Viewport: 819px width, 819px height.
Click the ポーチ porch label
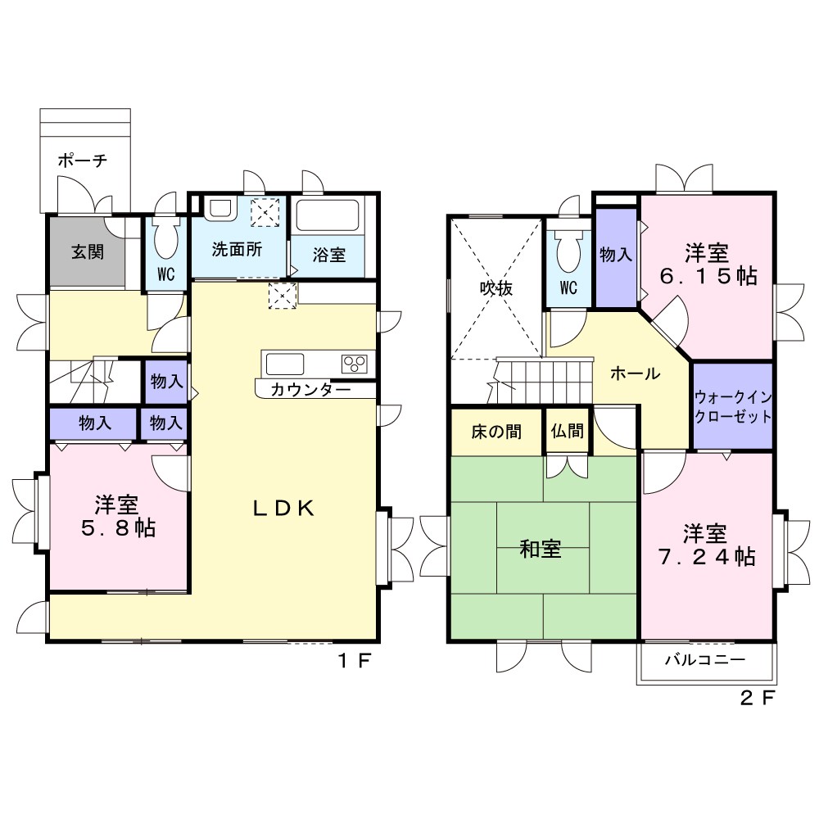click(83, 160)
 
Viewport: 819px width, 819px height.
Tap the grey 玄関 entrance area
click(88, 251)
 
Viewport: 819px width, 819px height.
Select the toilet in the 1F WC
click(166, 238)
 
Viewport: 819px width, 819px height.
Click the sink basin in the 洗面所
click(221, 209)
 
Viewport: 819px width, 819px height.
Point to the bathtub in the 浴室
click(328, 215)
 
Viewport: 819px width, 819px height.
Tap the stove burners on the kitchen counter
click(355, 364)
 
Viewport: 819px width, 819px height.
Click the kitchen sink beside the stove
click(285, 364)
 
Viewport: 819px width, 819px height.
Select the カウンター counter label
click(310, 390)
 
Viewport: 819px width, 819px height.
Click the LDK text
click(283, 509)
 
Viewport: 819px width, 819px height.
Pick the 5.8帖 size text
click(119, 528)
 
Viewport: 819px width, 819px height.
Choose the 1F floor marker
click(355, 661)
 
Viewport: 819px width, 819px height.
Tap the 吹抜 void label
click(496, 288)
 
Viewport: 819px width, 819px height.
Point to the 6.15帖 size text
click(708, 276)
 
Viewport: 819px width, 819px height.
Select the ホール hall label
click(636, 373)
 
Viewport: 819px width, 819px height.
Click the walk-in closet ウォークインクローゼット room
click(733, 406)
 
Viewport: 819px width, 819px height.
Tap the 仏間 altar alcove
click(568, 431)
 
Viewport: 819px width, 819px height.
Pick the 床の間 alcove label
click(496, 432)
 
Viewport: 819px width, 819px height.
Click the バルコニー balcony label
click(705, 659)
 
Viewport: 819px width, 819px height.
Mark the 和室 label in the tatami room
click(540, 549)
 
